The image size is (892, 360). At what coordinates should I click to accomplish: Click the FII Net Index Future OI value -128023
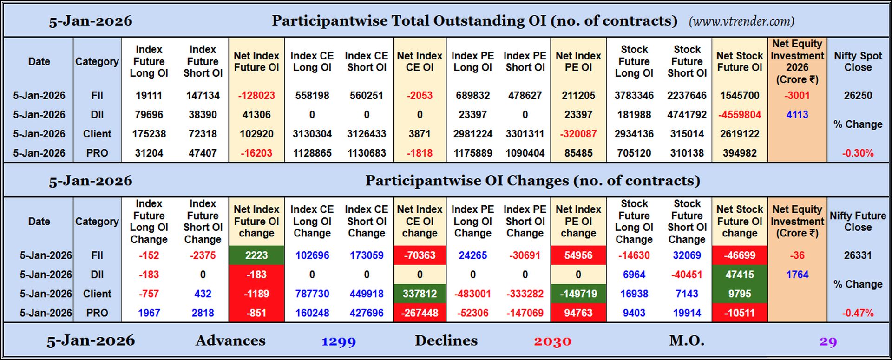pos(256,96)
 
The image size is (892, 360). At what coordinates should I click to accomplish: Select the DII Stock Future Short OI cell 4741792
pos(687,115)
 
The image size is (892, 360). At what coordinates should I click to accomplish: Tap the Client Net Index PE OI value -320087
pos(578,134)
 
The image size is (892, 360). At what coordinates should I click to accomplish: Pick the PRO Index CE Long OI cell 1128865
pos(312,153)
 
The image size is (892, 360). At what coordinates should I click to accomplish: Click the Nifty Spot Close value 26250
pos(858,96)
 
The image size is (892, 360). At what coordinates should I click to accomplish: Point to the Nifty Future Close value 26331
pos(858,255)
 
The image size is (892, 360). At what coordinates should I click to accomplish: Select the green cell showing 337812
pos(420,294)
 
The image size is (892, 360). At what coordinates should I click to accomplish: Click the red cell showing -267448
pos(420,313)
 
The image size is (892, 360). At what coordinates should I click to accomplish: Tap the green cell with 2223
pos(256,255)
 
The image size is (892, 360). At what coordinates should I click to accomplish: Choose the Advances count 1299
pos(339,342)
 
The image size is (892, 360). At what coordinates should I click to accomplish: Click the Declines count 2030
pos(552,342)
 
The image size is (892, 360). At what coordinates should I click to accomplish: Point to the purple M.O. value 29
pos(828,342)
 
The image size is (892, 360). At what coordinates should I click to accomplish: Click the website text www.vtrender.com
pos(741,21)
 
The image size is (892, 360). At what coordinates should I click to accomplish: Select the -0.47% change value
pos(858,313)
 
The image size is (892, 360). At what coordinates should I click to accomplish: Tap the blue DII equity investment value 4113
pos(797,115)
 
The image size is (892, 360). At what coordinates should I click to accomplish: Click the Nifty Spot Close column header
pos(858,61)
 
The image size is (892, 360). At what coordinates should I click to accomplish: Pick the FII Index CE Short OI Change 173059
pos(367,255)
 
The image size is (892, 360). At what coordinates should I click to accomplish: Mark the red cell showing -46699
pos(740,255)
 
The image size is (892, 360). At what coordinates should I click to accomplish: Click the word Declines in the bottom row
pos(446,341)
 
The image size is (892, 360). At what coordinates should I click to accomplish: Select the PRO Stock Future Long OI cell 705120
pos(634,153)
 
